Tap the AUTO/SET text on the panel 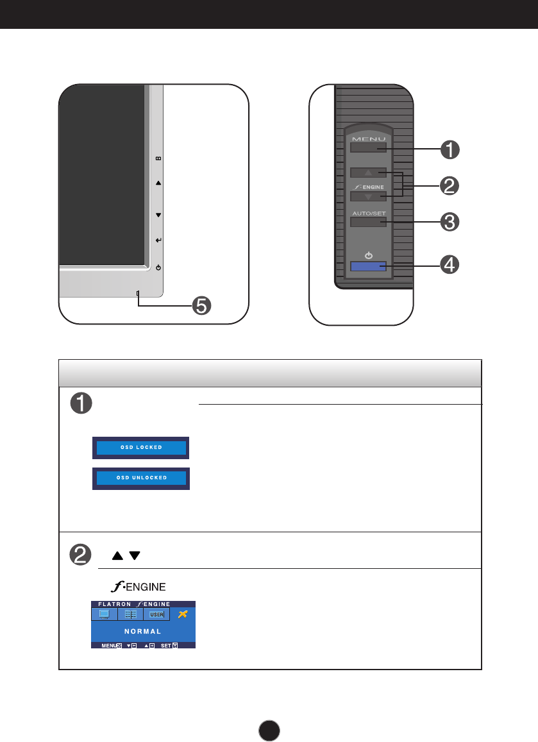click(x=368, y=214)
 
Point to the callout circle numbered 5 click(x=201, y=306)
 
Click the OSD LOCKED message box click(x=141, y=447)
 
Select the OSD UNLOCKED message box click(x=141, y=478)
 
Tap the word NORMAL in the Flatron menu click(x=142, y=631)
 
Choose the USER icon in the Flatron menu click(x=156, y=614)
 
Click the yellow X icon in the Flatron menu click(x=183, y=614)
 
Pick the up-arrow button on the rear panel click(x=368, y=173)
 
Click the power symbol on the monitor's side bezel click(x=158, y=267)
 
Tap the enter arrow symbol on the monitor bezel click(x=158, y=240)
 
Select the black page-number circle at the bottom click(x=270, y=730)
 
